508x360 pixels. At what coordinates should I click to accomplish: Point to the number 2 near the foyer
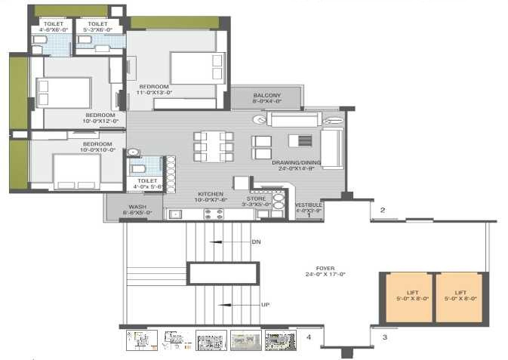383,211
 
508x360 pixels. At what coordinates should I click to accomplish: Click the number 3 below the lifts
384,337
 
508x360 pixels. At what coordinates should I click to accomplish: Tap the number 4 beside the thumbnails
308,337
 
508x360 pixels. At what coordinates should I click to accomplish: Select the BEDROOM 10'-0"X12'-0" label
100,118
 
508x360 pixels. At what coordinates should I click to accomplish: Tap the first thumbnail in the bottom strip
142,340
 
